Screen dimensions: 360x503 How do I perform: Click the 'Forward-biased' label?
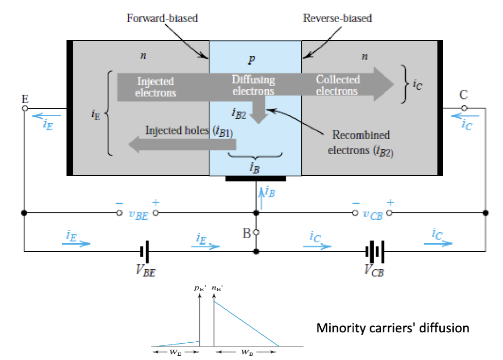click(163, 19)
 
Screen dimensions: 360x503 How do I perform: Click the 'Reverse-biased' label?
click(337, 19)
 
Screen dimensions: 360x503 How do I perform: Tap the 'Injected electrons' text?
click(155, 87)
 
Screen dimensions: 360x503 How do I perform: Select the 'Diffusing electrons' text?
click(253, 85)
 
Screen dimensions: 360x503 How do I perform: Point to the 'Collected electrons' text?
click(337, 85)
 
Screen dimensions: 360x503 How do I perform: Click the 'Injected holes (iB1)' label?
click(189, 131)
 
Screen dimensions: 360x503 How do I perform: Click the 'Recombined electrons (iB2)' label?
click(361, 142)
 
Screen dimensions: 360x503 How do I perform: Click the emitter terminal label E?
click(25, 99)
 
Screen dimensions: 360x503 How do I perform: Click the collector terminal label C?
click(464, 96)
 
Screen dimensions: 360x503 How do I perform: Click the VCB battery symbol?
click(375, 251)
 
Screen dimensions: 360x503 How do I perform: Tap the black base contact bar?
click(255, 179)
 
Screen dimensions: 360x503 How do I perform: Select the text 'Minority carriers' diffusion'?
click(392, 328)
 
